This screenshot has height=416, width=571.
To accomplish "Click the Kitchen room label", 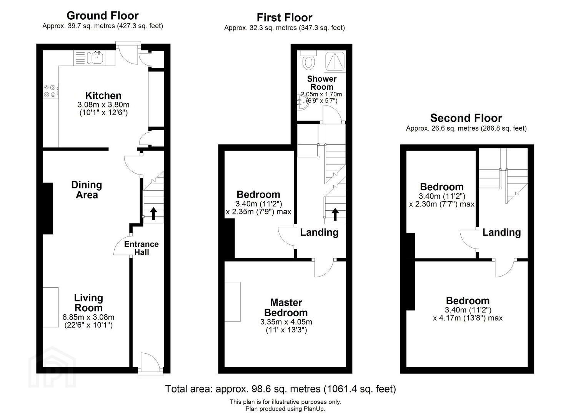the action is [103, 96].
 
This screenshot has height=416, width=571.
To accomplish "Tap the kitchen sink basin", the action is [97, 58].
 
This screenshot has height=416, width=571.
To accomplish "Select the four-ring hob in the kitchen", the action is [50, 91].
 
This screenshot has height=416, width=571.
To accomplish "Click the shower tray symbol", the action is [335, 61].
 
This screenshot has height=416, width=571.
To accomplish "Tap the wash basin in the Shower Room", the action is [302, 102].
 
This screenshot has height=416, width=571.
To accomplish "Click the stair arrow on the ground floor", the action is [153, 213].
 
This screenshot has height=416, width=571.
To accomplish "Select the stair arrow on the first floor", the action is [335, 214].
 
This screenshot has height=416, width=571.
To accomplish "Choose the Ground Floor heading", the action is [103, 15].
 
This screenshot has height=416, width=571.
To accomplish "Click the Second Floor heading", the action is [466, 118].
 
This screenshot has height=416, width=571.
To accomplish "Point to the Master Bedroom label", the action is [286, 307].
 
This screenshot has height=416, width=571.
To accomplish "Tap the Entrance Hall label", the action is [142, 248].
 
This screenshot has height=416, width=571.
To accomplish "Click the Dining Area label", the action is [87, 190].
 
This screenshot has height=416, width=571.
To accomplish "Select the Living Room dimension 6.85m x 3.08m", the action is [88, 317].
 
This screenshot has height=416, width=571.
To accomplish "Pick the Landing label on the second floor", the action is [502, 232].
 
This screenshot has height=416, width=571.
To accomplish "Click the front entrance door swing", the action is [150, 361].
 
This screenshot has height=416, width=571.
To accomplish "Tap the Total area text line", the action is [281, 389].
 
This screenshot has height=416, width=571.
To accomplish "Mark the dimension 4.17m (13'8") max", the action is [468, 318].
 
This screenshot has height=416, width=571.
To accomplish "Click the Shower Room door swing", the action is [331, 114].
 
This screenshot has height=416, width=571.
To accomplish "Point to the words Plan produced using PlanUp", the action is [285, 409].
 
